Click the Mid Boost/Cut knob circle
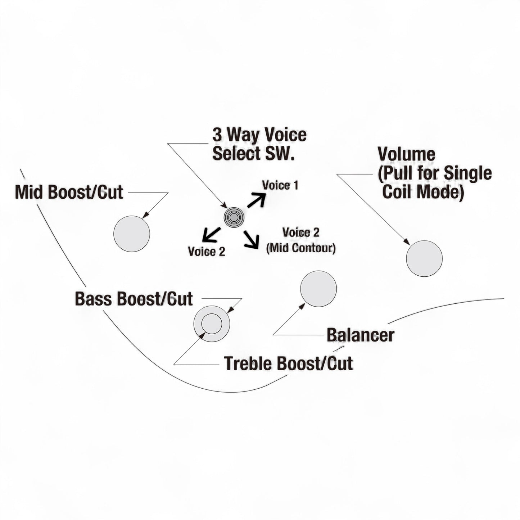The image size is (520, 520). tap(132, 234)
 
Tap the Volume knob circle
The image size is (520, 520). tap(424, 258)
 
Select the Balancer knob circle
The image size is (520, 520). tap(318, 289)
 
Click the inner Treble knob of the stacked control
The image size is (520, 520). tap(211, 324)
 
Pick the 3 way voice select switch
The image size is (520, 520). tap(234, 217)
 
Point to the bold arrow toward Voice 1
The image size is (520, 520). tap(256, 200)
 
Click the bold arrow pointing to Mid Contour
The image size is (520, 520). tap(251, 240)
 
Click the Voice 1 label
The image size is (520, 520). tap(280, 186)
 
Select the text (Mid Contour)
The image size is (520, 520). tap(301, 248)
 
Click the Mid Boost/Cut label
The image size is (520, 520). tap(69, 193)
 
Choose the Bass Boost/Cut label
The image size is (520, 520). tap(134, 299)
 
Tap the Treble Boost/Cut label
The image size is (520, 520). tap(288, 363)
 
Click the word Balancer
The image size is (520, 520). tap(360, 335)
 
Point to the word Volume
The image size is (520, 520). tap(406, 154)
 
